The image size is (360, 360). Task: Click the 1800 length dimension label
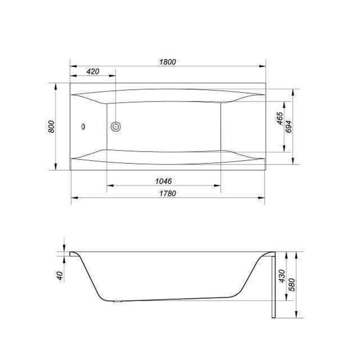click(168, 62)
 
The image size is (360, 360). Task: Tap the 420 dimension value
click(93, 71)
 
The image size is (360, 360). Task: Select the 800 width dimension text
click(51, 126)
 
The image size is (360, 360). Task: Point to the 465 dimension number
click(280, 118)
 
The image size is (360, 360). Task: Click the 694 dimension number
click(288, 126)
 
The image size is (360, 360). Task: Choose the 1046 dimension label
click(163, 181)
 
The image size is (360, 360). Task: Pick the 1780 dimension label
click(168, 193)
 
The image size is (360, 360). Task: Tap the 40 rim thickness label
click(60, 275)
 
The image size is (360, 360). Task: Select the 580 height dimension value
click(292, 285)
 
